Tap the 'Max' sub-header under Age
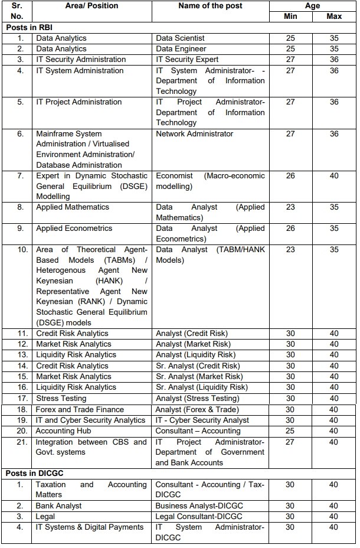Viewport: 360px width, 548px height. coord(334,17)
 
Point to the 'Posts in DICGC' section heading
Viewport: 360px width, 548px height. coord(34,474)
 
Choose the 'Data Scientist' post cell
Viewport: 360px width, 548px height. coord(180,38)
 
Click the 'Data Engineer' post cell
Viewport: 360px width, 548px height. coord(181,49)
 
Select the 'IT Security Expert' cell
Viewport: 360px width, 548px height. coord(187,60)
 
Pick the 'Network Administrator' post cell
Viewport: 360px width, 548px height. coord(194,134)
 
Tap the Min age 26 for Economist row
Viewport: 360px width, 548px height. coord(290,176)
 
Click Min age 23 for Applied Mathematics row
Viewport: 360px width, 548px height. coord(290,207)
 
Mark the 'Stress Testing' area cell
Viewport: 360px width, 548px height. coord(61,399)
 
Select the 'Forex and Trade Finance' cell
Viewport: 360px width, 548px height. coord(80,409)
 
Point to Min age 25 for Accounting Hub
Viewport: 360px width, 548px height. coord(290,431)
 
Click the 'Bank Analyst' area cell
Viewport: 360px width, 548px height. coord(58,506)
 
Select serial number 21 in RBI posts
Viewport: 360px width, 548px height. coord(22,442)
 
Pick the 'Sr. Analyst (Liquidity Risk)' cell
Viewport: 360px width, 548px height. coord(201,387)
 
